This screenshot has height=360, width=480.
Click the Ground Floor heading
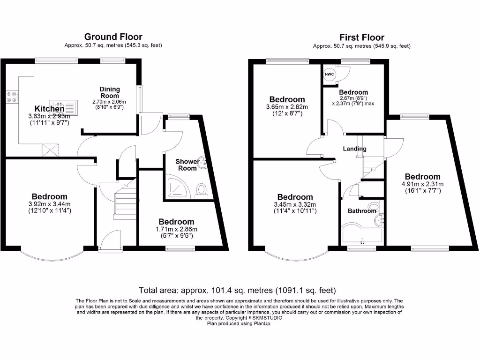(x=113, y=37)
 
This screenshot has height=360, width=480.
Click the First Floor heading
(x=361, y=37)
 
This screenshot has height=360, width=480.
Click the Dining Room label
(x=110, y=92)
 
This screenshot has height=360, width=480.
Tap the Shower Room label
(x=187, y=165)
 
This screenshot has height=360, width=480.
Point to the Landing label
(x=355, y=149)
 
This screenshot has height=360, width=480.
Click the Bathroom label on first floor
(x=361, y=211)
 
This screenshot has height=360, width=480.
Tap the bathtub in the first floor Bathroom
(x=361, y=234)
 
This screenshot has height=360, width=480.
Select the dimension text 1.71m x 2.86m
(x=176, y=229)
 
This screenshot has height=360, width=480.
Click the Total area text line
(x=237, y=290)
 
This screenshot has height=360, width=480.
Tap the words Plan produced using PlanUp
(x=239, y=323)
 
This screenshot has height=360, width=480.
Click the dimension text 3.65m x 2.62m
(x=287, y=107)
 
